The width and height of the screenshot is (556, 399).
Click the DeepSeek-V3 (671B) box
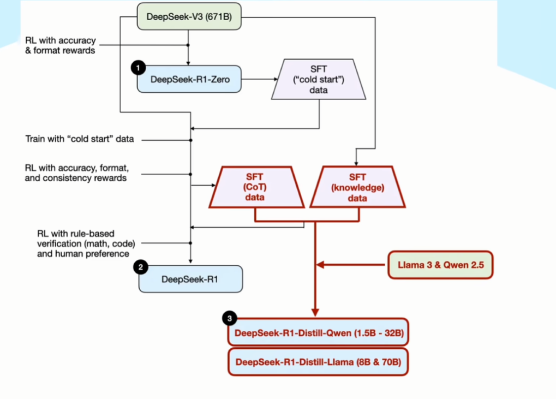tap(189, 17)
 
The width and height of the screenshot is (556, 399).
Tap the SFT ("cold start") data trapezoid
tap(319, 80)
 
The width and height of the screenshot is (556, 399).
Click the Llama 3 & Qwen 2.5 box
tap(440, 265)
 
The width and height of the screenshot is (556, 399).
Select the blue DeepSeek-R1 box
tap(190, 279)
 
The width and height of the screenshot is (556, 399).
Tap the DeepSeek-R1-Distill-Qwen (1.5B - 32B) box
tap(318, 332)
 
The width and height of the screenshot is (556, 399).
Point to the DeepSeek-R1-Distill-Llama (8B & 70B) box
tap(318, 361)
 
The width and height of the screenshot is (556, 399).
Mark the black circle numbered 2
tap(141, 267)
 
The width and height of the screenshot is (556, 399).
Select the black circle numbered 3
tap(230, 318)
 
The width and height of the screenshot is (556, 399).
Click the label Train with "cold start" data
tap(80, 139)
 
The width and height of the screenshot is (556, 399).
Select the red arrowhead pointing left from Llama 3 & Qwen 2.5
tap(321, 265)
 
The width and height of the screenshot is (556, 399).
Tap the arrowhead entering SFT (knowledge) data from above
tap(356, 162)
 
